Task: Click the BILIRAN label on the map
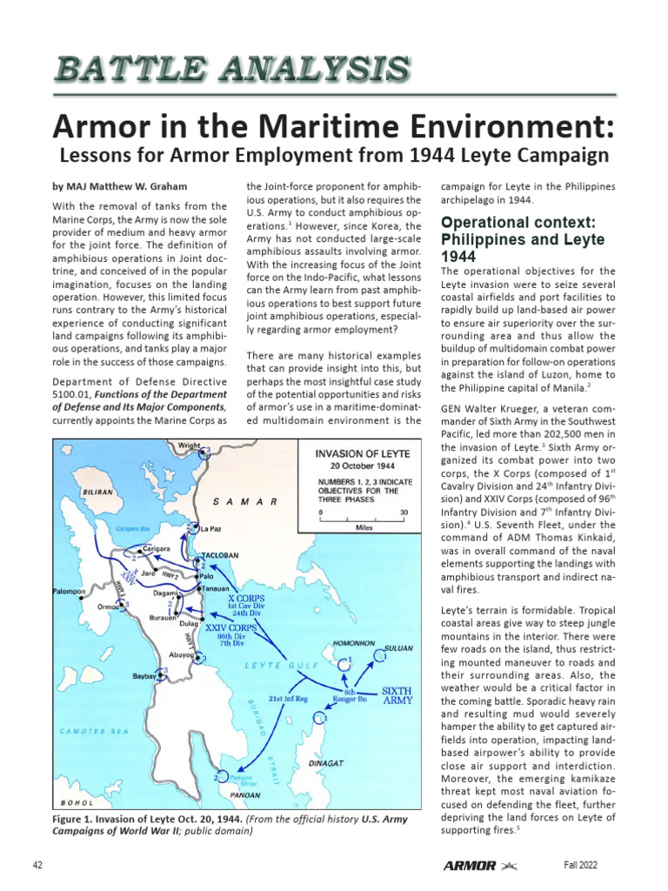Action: [x=97, y=492]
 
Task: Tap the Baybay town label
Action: [x=144, y=675]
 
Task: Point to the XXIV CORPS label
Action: [x=230, y=627]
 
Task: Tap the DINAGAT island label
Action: [x=326, y=762]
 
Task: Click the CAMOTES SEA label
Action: [x=94, y=731]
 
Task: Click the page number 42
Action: [x=38, y=865]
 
